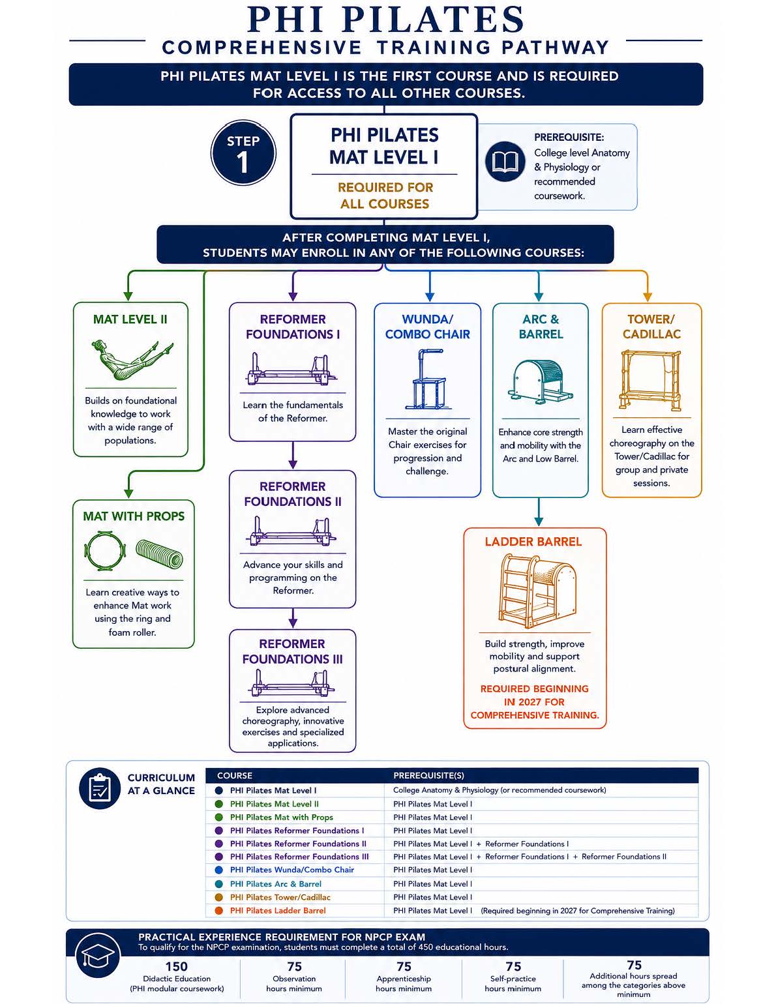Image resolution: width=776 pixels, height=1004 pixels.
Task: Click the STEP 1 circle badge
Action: pos(243,153)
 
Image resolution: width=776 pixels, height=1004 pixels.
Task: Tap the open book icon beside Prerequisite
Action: pos(505,161)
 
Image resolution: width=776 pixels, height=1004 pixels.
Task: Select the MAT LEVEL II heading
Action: pos(130,319)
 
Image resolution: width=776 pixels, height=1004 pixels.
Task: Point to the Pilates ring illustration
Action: pos(105,551)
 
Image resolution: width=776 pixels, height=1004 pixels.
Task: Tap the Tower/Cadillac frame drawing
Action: pos(651,380)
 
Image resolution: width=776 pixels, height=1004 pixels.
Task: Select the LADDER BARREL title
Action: pos(533,542)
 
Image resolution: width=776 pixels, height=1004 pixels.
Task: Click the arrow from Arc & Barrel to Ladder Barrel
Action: pos(539,512)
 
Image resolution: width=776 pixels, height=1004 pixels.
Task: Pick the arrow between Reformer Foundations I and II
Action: pos(293,455)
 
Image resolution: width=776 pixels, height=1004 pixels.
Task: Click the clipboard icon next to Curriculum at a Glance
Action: pos(100,788)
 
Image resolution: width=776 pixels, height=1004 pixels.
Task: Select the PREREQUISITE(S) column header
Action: pos(428,775)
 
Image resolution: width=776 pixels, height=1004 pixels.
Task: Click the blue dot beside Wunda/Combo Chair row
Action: pos(219,870)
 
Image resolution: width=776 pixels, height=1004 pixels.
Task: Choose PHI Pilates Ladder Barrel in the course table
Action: pos(278,910)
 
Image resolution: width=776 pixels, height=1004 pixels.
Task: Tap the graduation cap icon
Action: pos(98,956)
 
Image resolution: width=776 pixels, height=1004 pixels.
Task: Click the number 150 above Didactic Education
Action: pos(177,966)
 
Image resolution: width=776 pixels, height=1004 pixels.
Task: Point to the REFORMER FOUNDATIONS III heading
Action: pos(292,651)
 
